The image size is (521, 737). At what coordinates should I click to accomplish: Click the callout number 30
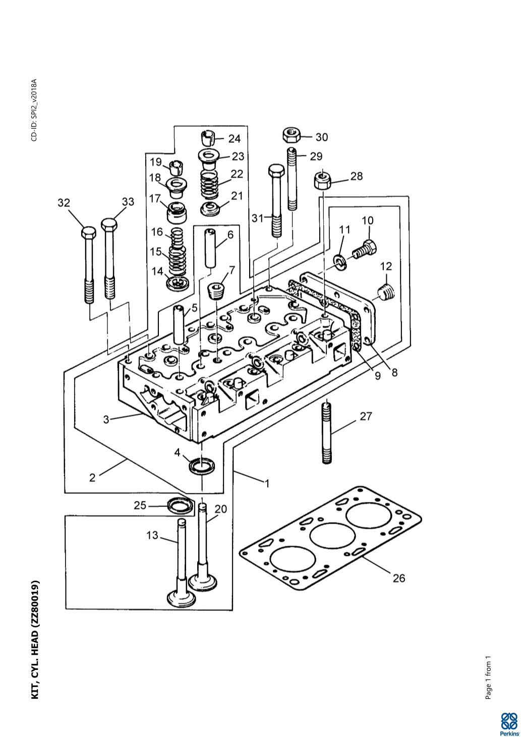[x=322, y=137]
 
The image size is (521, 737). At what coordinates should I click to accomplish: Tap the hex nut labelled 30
[x=292, y=135]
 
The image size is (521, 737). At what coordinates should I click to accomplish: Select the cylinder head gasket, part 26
[x=331, y=539]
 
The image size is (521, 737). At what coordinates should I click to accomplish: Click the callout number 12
[x=386, y=266]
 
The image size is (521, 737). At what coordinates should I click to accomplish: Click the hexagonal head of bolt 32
[x=88, y=233]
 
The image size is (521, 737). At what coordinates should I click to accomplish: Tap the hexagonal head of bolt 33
[x=110, y=224]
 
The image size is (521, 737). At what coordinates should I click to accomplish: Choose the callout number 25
[x=140, y=505]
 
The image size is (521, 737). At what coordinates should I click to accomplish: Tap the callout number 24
[x=235, y=139]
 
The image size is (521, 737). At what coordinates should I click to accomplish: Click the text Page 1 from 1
[x=488, y=678]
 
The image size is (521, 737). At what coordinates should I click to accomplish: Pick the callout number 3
[x=106, y=420]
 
